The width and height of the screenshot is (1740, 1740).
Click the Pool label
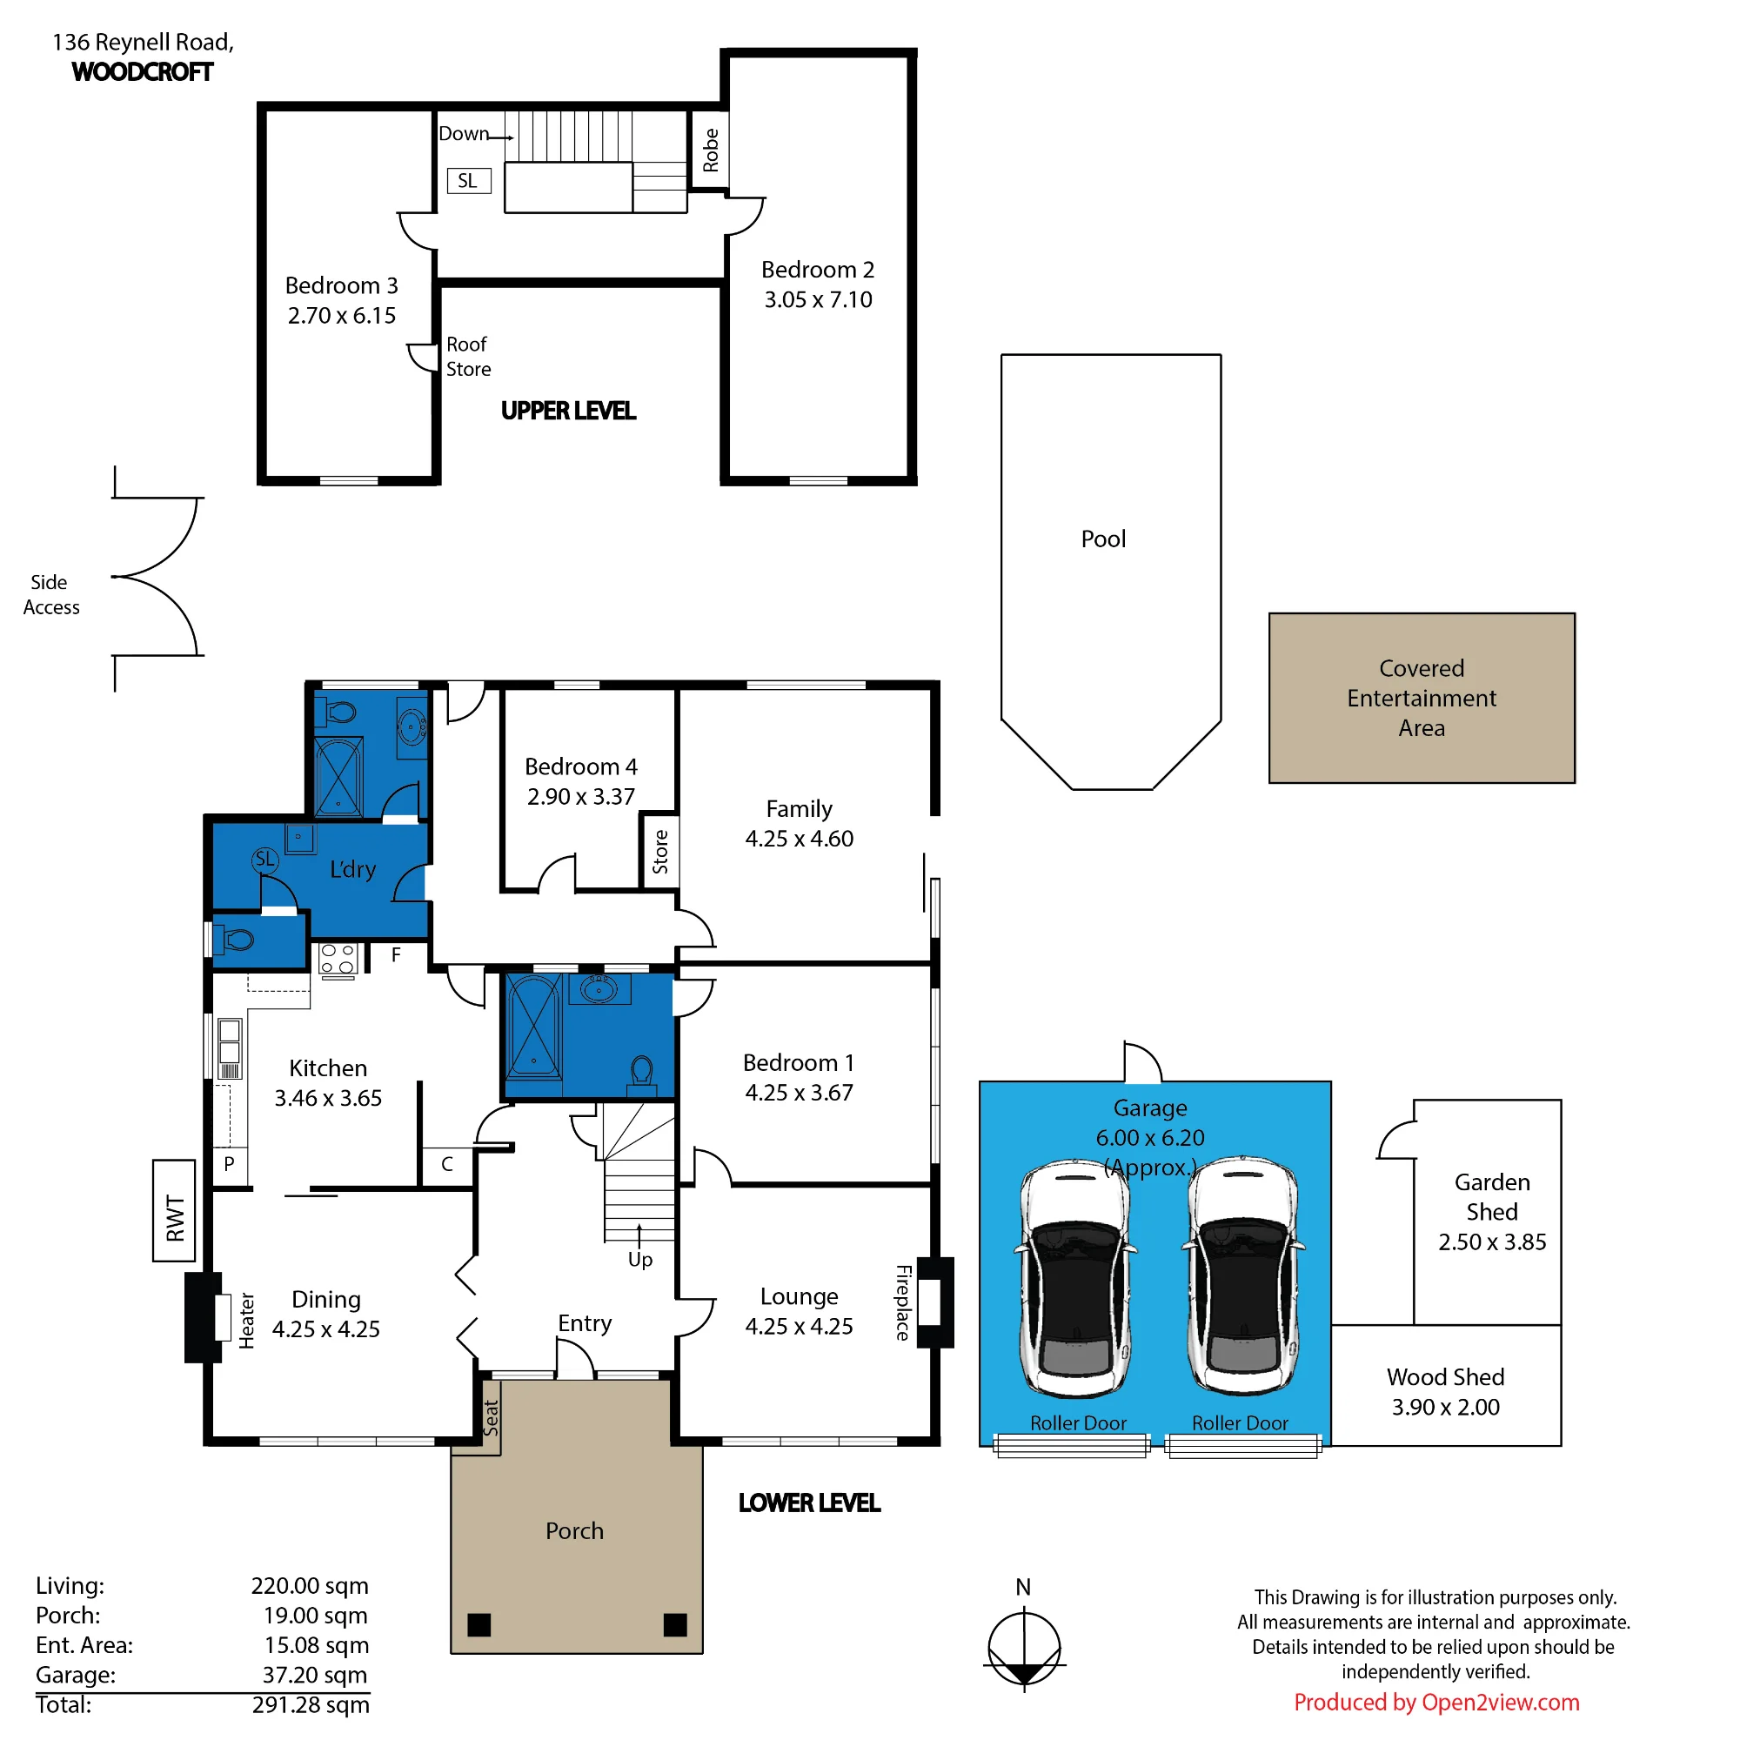(x=1103, y=539)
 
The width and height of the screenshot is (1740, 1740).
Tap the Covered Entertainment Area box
(x=1422, y=698)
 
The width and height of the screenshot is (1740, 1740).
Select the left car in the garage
(x=1075, y=1277)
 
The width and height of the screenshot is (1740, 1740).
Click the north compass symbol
(x=1024, y=1647)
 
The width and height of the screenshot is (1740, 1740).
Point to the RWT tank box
(x=174, y=1210)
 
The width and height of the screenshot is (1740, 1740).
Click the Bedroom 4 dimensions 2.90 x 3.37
(x=581, y=796)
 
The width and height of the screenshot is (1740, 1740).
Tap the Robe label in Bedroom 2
(x=711, y=150)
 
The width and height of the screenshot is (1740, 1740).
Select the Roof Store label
(x=468, y=357)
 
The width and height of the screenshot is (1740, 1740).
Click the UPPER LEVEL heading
(x=568, y=411)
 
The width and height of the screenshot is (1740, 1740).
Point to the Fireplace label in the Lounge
(x=903, y=1302)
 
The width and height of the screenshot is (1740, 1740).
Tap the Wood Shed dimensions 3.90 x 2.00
(x=1445, y=1407)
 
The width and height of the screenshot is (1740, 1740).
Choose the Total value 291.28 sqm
(x=311, y=1704)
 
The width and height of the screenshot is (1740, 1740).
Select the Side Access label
(x=51, y=594)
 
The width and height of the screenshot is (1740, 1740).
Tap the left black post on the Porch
(x=479, y=1623)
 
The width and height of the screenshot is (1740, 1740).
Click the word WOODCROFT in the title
(x=143, y=72)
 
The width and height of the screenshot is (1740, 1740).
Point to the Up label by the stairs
(x=640, y=1259)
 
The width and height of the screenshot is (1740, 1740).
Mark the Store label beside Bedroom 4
(x=660, y=852)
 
